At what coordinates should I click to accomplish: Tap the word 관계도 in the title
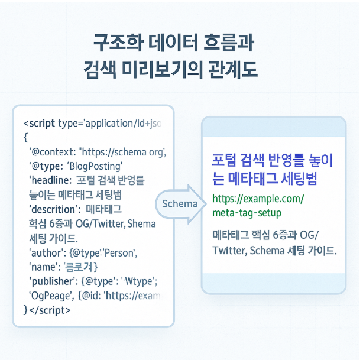point(234,68)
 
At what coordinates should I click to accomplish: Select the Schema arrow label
point(180,203)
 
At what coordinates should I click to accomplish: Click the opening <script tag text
point(39,124)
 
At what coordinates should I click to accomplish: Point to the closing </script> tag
point(49,309)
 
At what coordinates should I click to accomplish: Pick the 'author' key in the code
point(45,253)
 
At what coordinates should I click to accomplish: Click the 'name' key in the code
point(43,267)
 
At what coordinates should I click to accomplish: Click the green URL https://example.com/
point(257,199)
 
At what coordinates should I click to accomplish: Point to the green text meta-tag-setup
point(247,213)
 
